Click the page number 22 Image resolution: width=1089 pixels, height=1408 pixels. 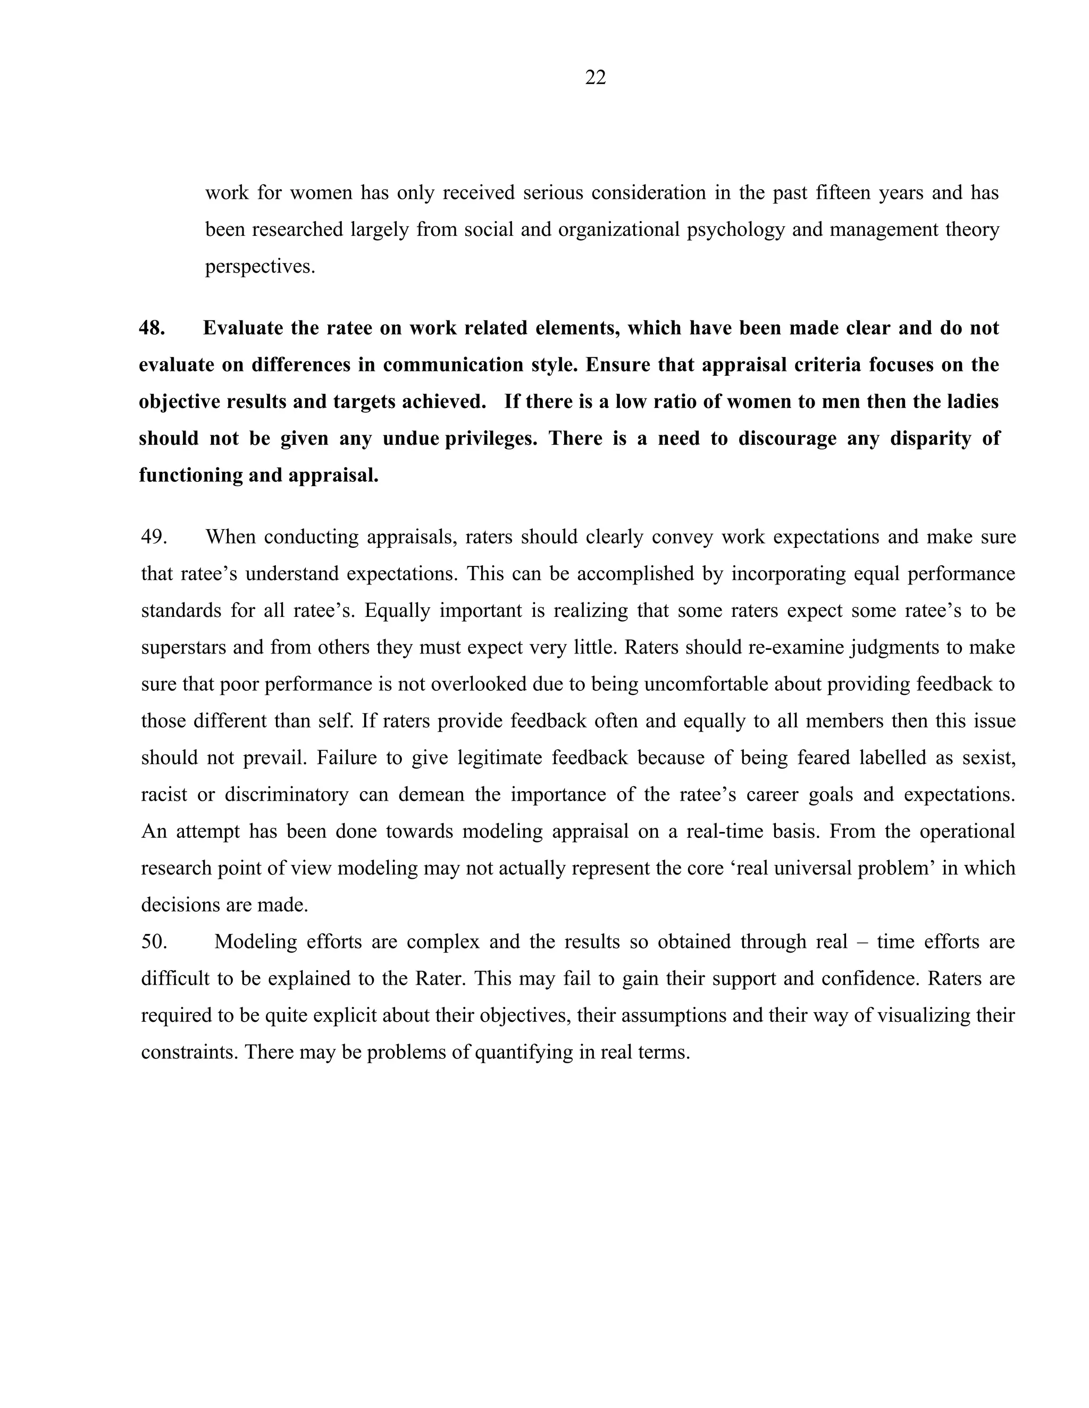[x=595, y=78]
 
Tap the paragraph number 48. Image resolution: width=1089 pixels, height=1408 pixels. [x=152, y=328]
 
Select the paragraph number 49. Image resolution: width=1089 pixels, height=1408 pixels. [x=154, y=537]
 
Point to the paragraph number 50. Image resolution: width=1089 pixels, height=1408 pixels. [x=154, y=942]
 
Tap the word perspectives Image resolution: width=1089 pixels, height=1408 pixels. [x=260, y=266]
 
